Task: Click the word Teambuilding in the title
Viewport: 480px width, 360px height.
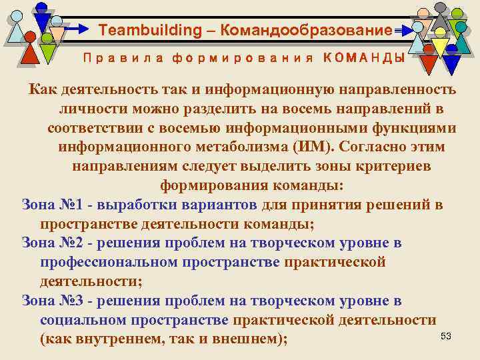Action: [140, 31]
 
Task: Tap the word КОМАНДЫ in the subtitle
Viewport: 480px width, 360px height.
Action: [363, 58]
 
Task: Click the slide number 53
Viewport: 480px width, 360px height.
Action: [446, 336]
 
